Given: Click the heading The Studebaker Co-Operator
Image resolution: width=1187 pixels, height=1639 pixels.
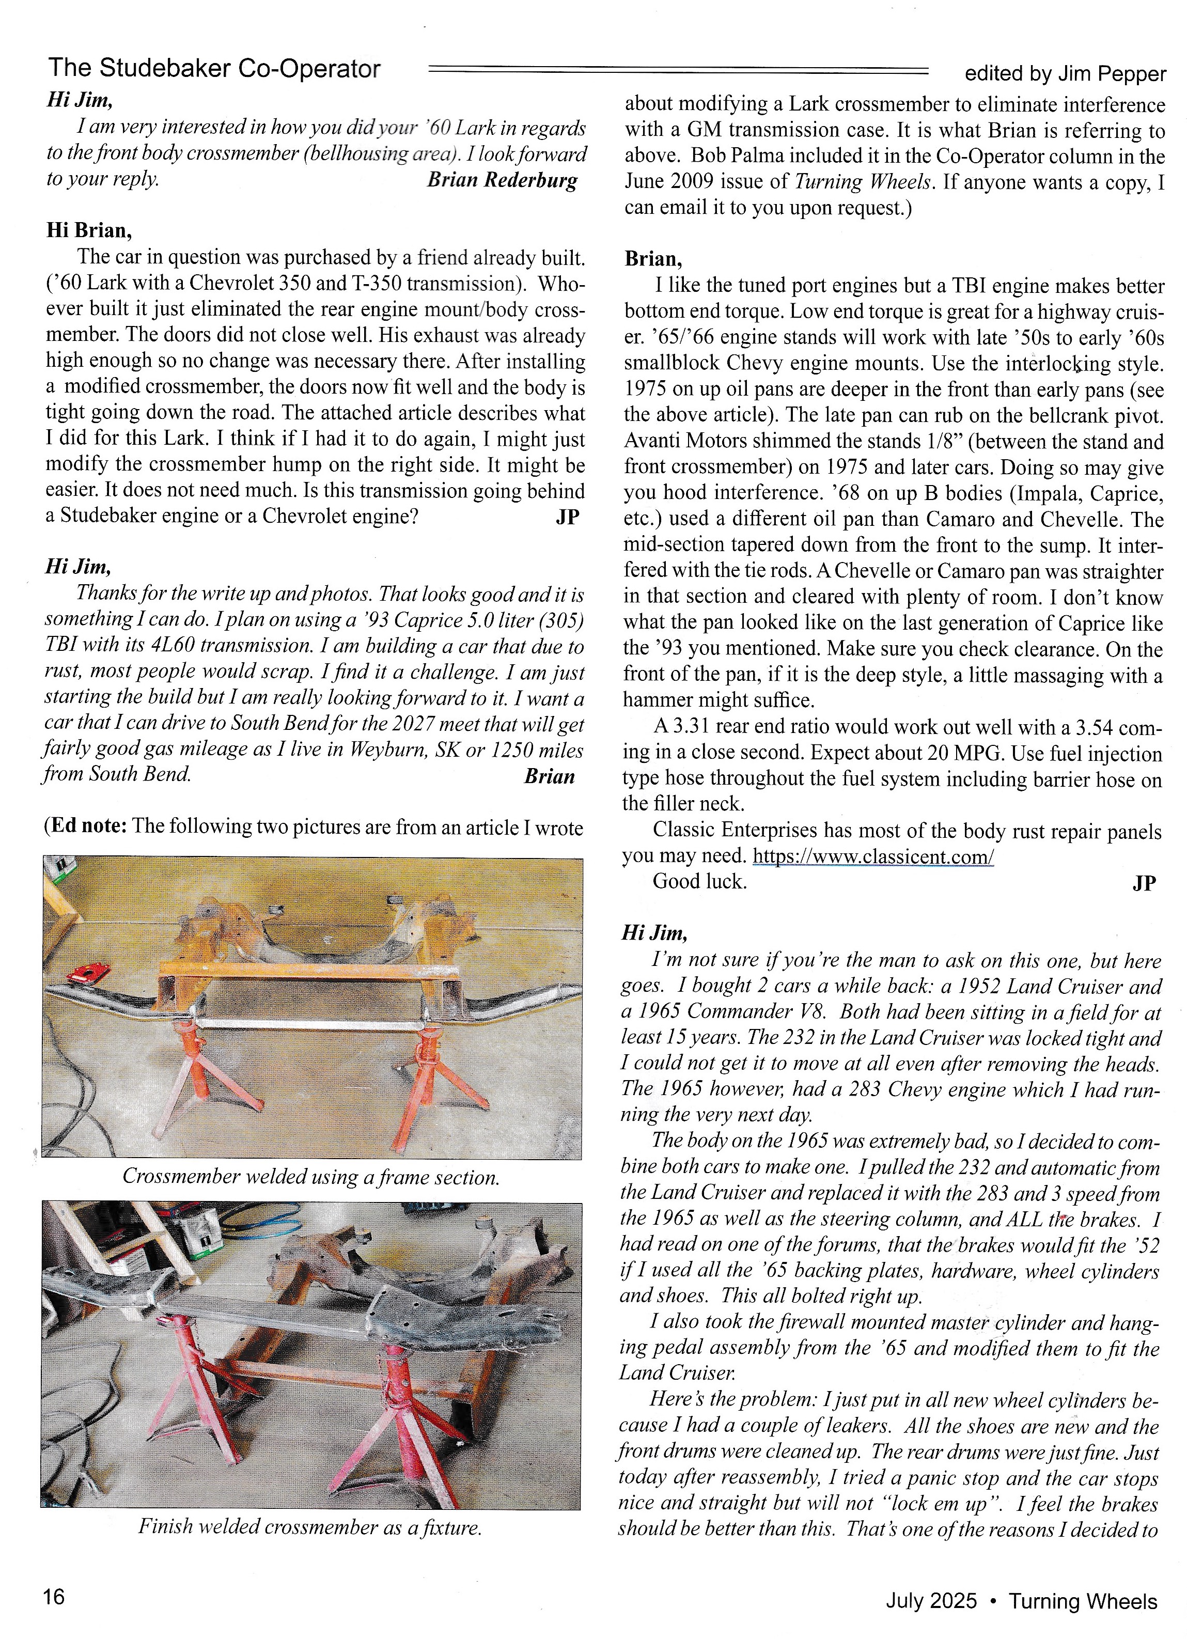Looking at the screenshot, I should pyautogui.click(x=214, y=68).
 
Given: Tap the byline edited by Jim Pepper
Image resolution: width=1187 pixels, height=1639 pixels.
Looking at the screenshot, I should pyautogui.click(x=1065, y=74).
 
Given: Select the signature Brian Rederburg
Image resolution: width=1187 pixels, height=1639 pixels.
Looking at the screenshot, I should pyautogui.click(x=502, y=180).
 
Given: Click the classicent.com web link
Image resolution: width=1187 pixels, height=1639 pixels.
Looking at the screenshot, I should pyautogui.click(x=873, y=857).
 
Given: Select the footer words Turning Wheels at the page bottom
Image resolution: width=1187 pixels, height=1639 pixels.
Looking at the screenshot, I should pyautogui.click(x=1083, y=1601).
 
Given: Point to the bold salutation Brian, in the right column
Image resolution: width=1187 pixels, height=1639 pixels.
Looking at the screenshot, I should pyautogui.click(x=653, y=259).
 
